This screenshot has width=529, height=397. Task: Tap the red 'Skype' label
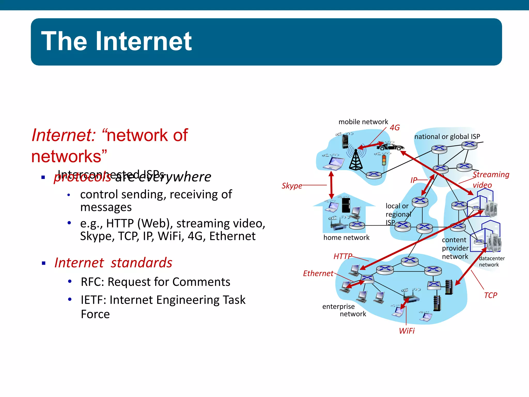coord(292,186)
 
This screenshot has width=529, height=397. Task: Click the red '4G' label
coord(395,127)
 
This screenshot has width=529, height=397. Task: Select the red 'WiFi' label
coord(407,331)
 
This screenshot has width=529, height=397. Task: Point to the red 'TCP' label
coord(490,295)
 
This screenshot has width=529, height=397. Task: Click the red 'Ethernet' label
coord(318,273)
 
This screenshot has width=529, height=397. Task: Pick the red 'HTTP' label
coord(343,256)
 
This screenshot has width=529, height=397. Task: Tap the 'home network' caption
coord(346,238)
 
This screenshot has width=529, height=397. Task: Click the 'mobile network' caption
coord(363,122)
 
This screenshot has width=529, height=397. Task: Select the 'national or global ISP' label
coord(447,136)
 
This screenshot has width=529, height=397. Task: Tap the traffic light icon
coord(384,160)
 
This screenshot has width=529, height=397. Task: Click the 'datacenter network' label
coord(491,261)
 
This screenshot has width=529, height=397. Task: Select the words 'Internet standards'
coord(113,263)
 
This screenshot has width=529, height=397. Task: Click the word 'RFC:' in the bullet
coord(92,282)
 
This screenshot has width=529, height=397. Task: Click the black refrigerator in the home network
coord(346,205)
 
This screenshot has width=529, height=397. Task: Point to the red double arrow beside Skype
coord(331,185)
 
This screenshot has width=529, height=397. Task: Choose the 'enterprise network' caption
coord(344,310)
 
